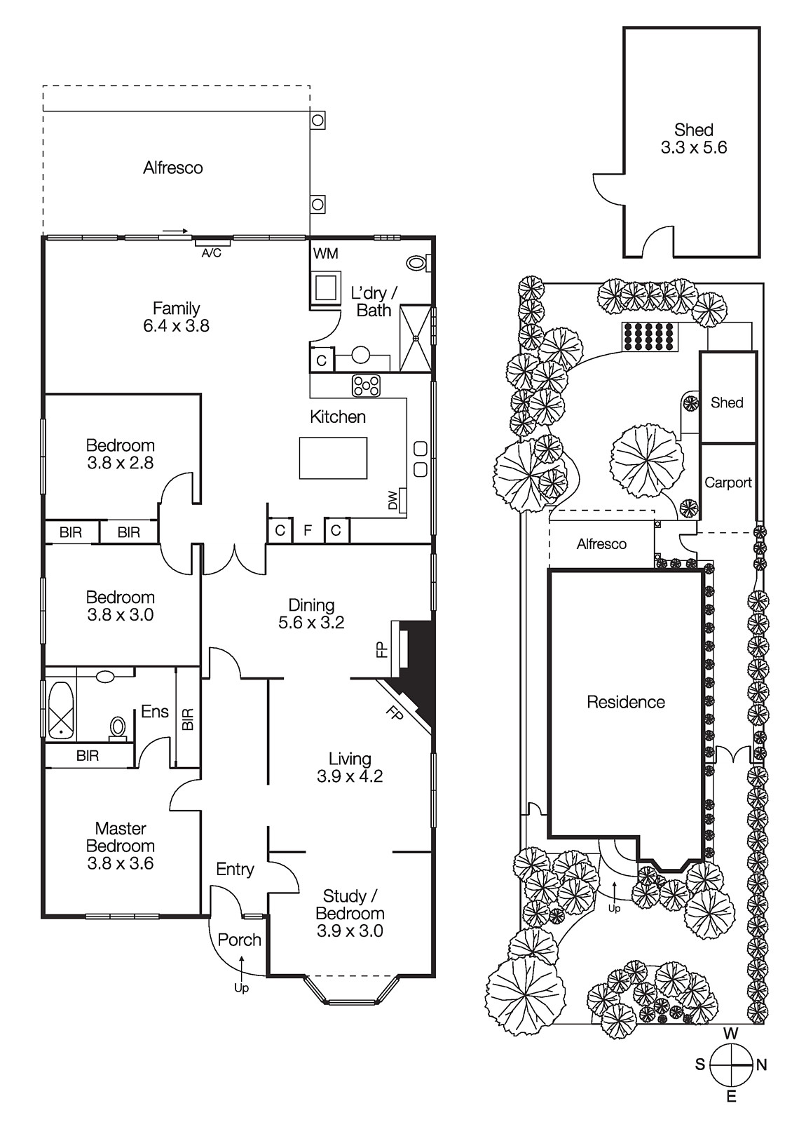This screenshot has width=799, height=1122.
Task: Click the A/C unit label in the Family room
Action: point(211,253)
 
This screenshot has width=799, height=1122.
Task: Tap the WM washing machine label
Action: point(325,253)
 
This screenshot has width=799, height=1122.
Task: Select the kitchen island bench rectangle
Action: point(334,458)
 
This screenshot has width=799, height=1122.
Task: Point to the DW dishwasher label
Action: point(392,499)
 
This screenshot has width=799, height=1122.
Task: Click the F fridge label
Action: point(308,530)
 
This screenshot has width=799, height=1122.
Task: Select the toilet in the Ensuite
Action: point(118,727)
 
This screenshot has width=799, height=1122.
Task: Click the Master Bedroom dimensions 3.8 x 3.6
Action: point(121,863)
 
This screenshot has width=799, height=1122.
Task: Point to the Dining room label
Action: point(311,605)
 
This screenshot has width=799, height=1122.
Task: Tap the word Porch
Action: point(239,940)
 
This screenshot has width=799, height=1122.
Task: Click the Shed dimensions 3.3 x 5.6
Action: point(694,147)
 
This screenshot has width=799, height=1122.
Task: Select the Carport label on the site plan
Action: point(728,482)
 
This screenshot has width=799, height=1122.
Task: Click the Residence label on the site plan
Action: point(626,702)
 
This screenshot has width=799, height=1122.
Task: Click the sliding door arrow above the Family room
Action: point(175,231)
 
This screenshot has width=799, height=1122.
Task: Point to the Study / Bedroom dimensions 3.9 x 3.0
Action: point(350,931)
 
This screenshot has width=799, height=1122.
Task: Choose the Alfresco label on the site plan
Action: point(601,544)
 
